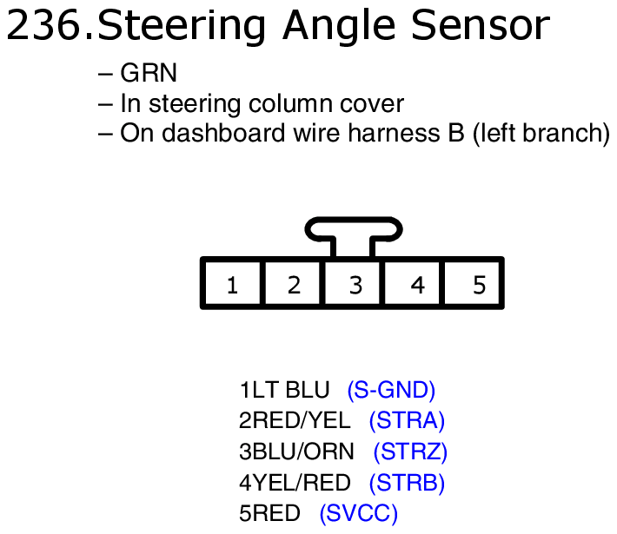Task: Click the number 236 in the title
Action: point(44,25)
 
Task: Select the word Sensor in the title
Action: point(481,25)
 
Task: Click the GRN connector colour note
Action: point(149,73)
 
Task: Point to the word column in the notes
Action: point(291,103)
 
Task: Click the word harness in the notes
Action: point(394,133)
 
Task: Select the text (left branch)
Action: point(541,134)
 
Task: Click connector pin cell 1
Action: point(233,284)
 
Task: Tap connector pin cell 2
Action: point(293,284)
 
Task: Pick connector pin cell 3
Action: point(353,284)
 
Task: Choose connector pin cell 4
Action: point(413,284)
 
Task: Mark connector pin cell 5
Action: point(474,284)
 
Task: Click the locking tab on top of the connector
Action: point(354,229)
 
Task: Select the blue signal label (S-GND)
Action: point(391,391)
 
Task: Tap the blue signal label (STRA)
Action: point(407,421)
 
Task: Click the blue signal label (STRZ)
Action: point(410,452)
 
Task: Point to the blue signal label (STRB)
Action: point(407,483)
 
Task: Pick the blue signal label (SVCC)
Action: point(359,513)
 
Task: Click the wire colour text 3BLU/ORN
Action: point(296,452)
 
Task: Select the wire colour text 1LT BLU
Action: point(284,391)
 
